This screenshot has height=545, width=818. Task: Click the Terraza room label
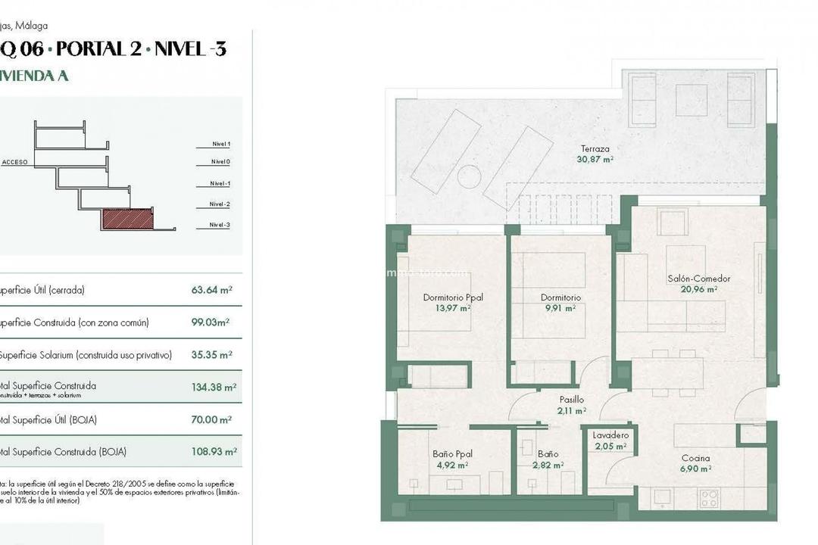point(595,149)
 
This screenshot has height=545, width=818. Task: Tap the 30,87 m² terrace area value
point(595,160)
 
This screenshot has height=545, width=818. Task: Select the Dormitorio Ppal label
point(452,297)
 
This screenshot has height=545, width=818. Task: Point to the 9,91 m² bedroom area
point(560,308)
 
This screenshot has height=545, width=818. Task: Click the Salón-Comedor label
point(699,279)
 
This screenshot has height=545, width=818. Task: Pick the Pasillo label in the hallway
point(572,400)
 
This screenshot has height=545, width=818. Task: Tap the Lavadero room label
point(610,435)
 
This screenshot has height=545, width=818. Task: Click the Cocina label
point(695,458)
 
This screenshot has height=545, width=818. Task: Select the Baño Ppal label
point(452,454)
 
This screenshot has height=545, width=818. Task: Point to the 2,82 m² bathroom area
point(548,465)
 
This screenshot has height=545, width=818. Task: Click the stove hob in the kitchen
point(709,498)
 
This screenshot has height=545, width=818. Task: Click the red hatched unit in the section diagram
point(127,220)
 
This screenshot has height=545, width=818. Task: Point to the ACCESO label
point(15,162)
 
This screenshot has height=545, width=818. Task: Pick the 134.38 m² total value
point(214,387)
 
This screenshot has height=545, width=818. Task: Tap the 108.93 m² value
point(214,452)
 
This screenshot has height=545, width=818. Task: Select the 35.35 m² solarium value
point(211,354)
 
